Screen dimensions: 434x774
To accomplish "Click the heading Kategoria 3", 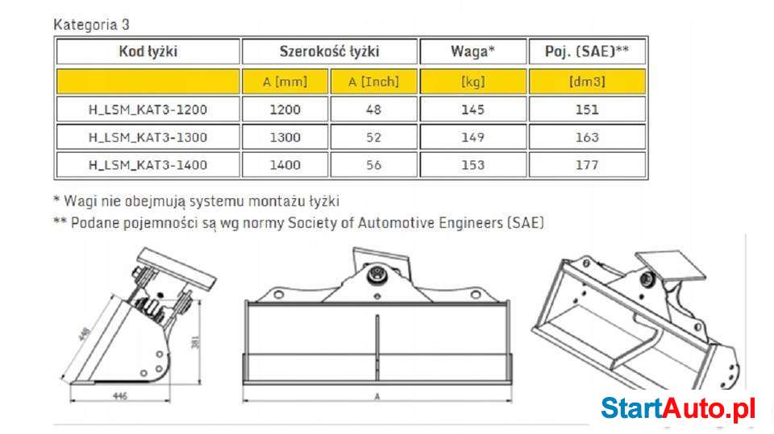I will [91, 24].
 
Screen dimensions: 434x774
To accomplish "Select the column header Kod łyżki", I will [148, 52].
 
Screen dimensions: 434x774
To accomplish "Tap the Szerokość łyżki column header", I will [329, 52].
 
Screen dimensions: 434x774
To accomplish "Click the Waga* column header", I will [472, 52].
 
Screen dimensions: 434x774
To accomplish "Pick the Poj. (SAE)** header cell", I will [587, 52].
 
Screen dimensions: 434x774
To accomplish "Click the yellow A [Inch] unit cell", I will [373, 81].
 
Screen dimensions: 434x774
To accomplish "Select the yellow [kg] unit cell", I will [472, 81].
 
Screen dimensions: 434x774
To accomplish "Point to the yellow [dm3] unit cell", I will [587, 81].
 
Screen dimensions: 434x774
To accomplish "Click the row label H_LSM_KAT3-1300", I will [148, 137].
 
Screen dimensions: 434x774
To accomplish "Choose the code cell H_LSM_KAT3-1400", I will [148, 165].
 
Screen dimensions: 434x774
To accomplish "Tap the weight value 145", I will [472, 110].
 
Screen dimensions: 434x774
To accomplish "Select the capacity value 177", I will [587, 165].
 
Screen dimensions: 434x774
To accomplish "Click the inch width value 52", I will [373, 137].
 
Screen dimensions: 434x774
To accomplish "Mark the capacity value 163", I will [587, 137].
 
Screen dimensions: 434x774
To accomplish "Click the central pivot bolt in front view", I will [377, 276].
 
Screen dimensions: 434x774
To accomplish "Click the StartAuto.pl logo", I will [678, 408].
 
